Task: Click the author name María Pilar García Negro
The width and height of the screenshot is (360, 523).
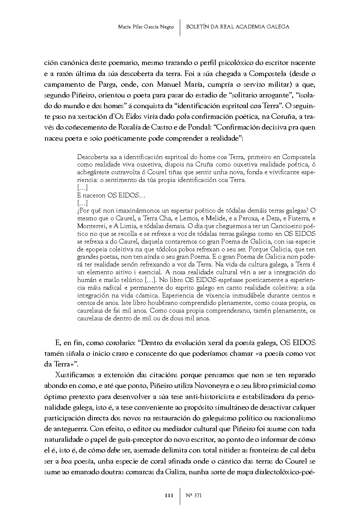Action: [146, 27]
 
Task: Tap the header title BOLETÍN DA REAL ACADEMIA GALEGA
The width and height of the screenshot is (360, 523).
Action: [238, 27]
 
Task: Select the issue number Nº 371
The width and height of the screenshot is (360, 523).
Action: [194, 495]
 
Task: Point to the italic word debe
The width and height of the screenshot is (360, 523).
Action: [113, 450]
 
